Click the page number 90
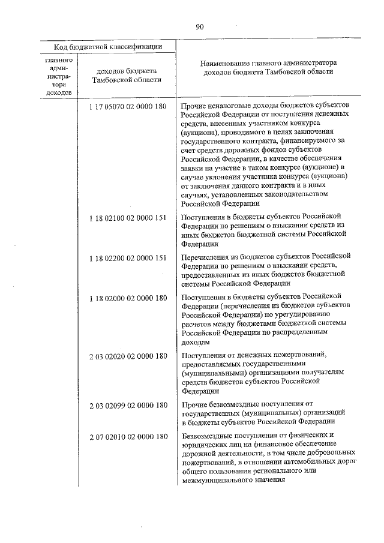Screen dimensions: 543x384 click(x=200, y=26)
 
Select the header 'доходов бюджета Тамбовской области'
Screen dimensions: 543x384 click(x=127, y=75)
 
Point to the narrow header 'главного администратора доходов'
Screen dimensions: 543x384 click(x=59, y=76)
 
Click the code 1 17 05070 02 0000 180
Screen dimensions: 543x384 click(x=127, y=107)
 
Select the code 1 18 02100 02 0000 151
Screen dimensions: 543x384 click(x=127, y=217)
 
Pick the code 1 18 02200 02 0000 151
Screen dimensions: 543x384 click(x=127, y=257)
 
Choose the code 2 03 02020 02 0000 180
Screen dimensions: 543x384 click(x=127, y=356)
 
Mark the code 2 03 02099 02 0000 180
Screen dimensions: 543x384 click(x=127, y=405)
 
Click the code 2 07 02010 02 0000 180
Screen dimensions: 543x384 click(x=127, y=436)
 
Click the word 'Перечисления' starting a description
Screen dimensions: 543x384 click(x=206, y=257)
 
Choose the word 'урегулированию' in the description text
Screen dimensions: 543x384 click(x=296, y=314)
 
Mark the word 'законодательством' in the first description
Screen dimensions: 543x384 click(x=294, y=194)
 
